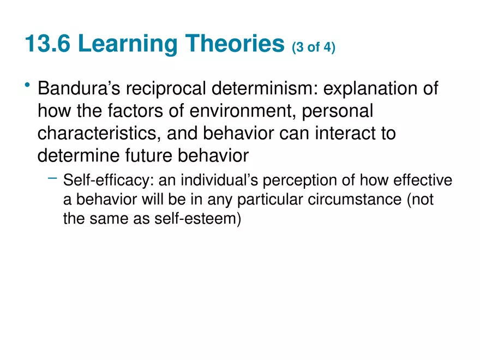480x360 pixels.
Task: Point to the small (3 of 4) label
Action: pyautogui.click(x=314, y=49)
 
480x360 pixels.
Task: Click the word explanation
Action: pyautogui.click(x=386, y=88)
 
